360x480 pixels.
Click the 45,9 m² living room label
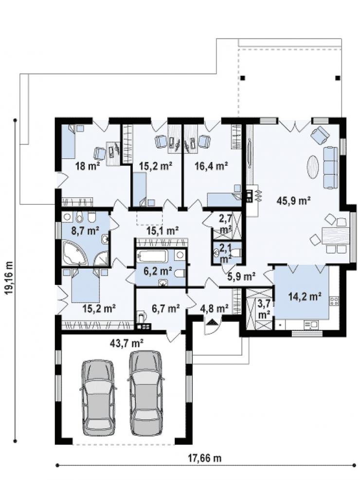[x=293, y=201]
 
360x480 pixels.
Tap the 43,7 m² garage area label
[x=126, y=343]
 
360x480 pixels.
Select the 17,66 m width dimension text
[x=204, y=458]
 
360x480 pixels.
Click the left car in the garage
[x=98, y=397]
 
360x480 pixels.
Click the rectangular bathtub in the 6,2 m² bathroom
[x=152, y=256]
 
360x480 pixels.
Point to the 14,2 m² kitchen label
[x=305, y=296]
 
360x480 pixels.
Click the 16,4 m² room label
[x=211, y=166]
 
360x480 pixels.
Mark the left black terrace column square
[x=243, y=78]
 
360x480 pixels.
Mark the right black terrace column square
[x=338, y=78]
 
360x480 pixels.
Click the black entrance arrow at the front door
[x=212, y=322]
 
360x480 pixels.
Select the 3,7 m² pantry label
[x=264, y=308]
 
